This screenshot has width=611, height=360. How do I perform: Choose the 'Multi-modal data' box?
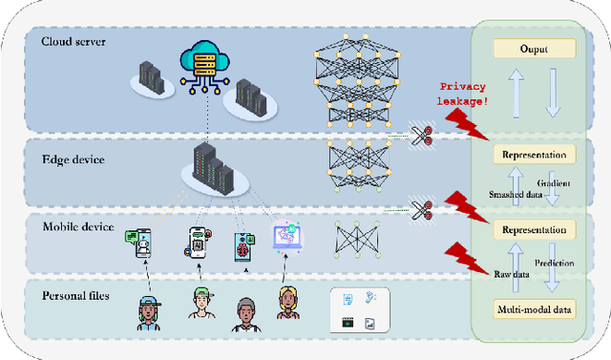point(534,308)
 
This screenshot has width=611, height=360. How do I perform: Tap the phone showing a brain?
point(242,244)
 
